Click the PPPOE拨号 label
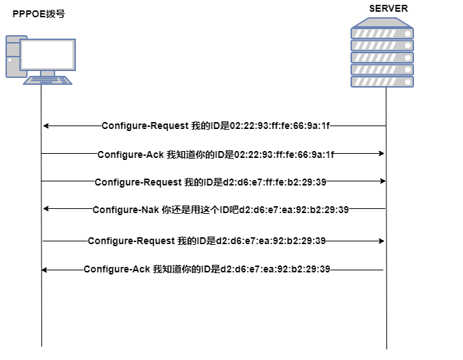[x=39, y=13]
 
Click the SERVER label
[x=388, y=8]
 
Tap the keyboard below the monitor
[x=48, y=79]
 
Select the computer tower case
[x=14, y=59]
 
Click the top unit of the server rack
[x=382, y=32]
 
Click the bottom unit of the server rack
[x=382, y=81]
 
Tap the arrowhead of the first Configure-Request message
[x=46, y=126]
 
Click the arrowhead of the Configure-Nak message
[x=46, y=209]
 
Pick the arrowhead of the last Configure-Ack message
[x=46, y=270]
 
